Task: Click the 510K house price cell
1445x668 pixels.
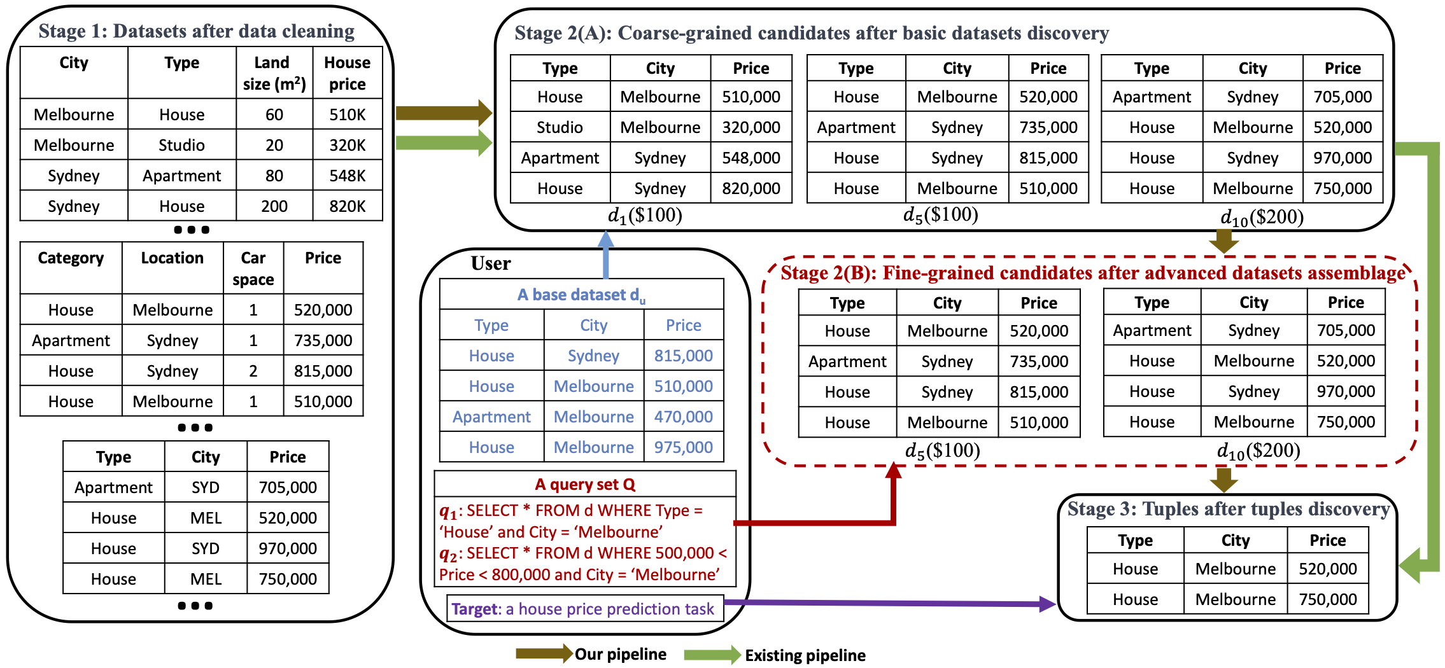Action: click(x=347, y=115)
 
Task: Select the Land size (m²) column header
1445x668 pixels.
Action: click(x=274, y=73)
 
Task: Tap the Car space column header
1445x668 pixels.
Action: click(x=253, y=268)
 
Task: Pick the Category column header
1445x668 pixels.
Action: click(x=71, y=258)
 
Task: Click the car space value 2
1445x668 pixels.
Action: click(x=253, y=371)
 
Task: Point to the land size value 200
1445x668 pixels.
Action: click(x=274, y=206)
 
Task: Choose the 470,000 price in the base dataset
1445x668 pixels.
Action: click(x=683, y=417)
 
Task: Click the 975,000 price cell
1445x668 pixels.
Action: click(x=683, y=447)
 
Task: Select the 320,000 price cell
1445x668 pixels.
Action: click(x=751, y=127)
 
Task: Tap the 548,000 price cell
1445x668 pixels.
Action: click(x=751, y=158)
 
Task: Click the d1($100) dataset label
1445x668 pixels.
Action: click(x=645, y=216)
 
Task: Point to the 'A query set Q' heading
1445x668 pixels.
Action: click(x=584, y=485)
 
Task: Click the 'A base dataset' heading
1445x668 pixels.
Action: click(x=581, y=295)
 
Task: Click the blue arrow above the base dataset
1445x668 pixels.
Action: click(x=605, y=254)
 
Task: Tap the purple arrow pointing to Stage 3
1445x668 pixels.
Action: click(x=891, y=603)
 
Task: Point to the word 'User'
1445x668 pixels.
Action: click(x=490, y=263)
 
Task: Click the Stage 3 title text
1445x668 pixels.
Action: click(x=1228, y=509)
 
